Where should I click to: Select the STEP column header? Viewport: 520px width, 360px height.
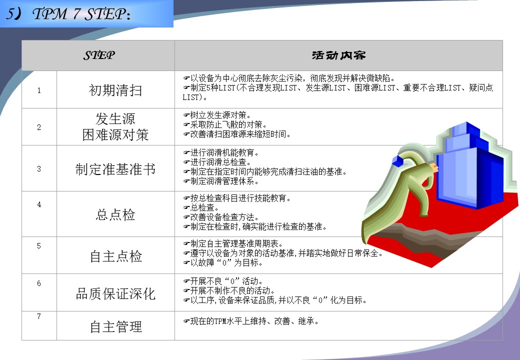pyautogui.click(x=99, y=55)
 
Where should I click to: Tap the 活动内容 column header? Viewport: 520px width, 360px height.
pyautogui.click(x=338, y=55)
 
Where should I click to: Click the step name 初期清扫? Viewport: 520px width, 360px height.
pyautogui.click(x=115, y=90)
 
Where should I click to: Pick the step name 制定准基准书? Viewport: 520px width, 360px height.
pyautogui.click(x=115, y=169)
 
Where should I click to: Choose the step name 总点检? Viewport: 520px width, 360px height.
pyautogui.click(x=115, y=214)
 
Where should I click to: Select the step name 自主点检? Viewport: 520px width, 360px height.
pyautogui.click(x=115, y=256)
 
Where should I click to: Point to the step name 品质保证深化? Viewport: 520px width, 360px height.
pyautogui.click(x=115, y=293)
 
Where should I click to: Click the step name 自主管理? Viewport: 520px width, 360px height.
pyautogui.click(x=115, y=327)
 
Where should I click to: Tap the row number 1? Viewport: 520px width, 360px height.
pyautogui.click(x=39, y=90)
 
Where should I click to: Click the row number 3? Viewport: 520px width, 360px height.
pyautogui.click(x=39, y=168)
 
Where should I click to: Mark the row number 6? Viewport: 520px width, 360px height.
pyautogui.click(x=39, y=283)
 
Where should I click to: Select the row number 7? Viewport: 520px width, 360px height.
pyautogui.click(x=39, y=316)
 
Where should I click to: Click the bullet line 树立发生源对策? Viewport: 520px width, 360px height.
pyautogui.click(x=217, y=115)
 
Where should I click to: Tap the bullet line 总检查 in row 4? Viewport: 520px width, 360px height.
pyautogui.click(x=201, y=208)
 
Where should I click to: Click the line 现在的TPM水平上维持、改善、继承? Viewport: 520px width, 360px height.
pyautogui.click(x=250, y=321)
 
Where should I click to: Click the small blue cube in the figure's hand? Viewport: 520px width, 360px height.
pyautogui.click(x=397, y=161)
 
